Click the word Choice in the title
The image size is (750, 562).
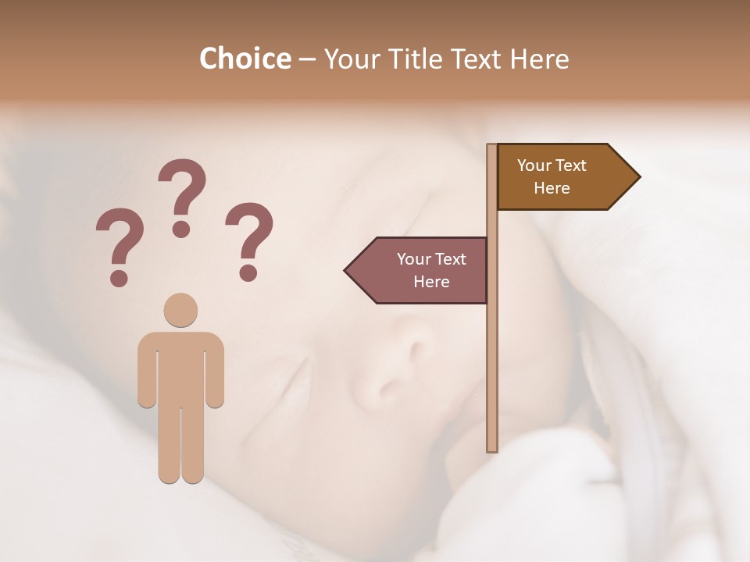(x=245, y=59)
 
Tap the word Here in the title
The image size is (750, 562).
(x=539, y=59)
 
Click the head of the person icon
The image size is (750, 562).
(x=180, y=310)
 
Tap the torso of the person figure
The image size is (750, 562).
(x=180, y=367)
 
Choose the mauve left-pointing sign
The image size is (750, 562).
(x=422, y=270)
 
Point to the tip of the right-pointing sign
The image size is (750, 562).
(x=637, y=176)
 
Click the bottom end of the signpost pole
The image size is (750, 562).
(x=492, y=448)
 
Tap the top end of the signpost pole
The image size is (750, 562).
(x=492, y=147)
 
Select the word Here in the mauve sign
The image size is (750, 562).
(x=431, y=282)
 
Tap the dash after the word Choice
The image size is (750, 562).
(x=307, y=59)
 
